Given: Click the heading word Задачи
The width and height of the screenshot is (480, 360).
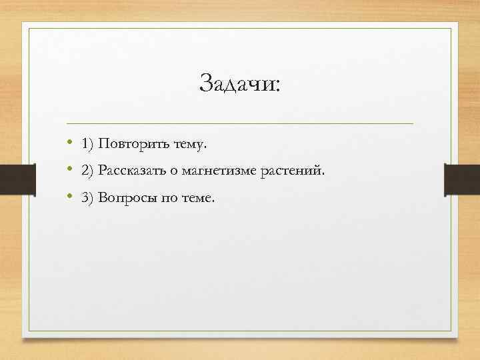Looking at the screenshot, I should tap(236, 84).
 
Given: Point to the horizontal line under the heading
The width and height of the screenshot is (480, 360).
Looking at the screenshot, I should tap(240, 124).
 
